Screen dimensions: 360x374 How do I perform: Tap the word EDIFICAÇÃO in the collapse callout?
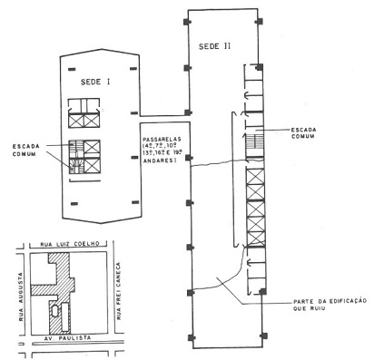point(329,300)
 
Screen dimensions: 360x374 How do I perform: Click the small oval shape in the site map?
point(54,311)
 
